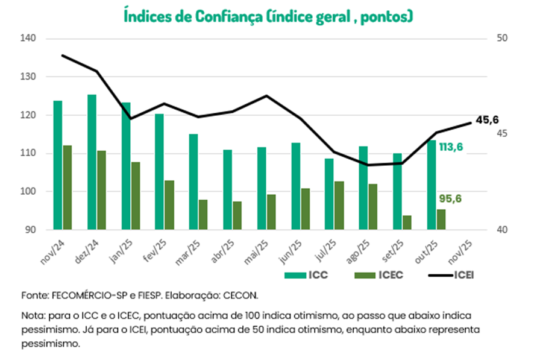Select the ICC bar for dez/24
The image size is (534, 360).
point(92,162)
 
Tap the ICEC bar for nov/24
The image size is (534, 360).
point(67,188)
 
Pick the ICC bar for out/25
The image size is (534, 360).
point(432,185)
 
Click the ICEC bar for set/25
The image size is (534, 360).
point(407,223)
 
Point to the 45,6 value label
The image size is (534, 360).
point(488,120)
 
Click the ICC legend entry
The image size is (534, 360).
point(306,276)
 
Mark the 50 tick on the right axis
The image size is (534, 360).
point(502,38)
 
